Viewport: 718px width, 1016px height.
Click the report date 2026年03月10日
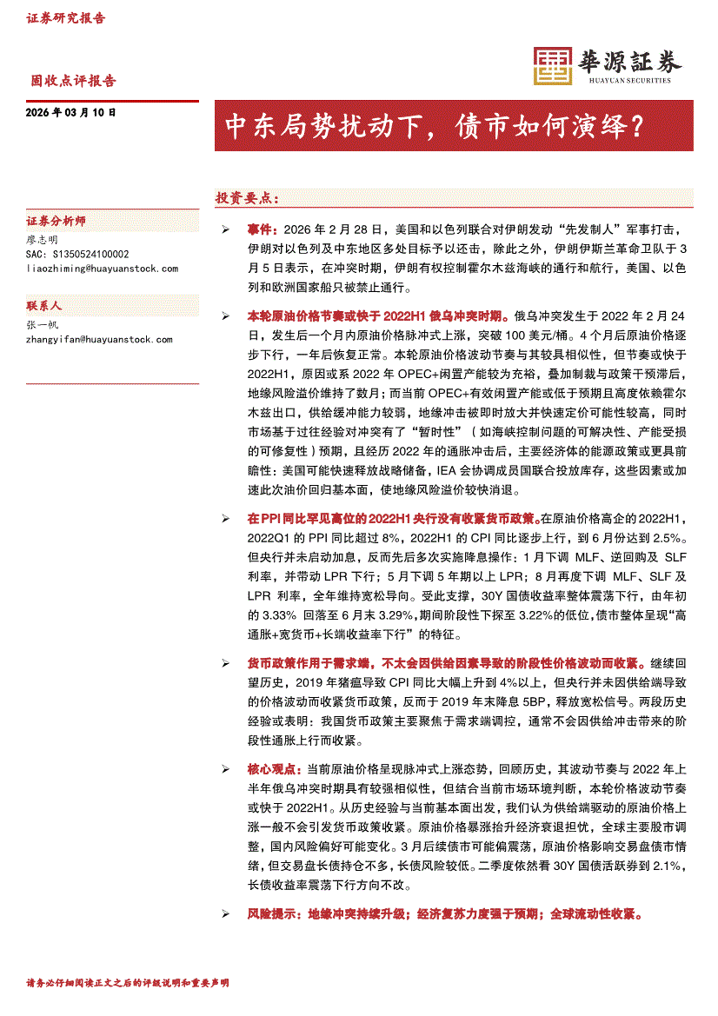[x=70, y=113]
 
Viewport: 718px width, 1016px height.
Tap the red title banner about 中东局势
[x=453, y=126]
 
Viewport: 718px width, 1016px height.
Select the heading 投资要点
[x=247, y=198]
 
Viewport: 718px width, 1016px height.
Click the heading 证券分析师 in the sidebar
[x=56, y=222]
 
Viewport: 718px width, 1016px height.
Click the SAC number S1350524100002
[x=77, y=254]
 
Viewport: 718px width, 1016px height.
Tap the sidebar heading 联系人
[x=44, y=307]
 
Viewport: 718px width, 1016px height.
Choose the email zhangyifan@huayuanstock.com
[x=99, y=339]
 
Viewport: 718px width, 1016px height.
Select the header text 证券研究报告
[x=65, y=17]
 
